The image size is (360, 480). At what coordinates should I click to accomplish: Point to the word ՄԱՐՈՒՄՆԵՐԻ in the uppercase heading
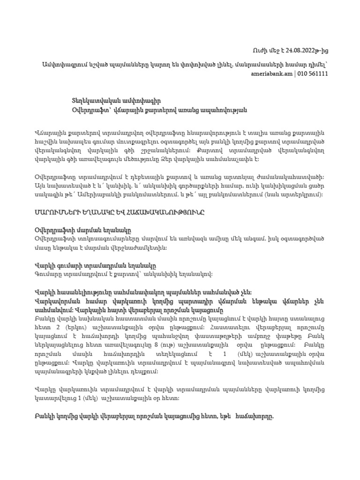[x=60, y=212]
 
